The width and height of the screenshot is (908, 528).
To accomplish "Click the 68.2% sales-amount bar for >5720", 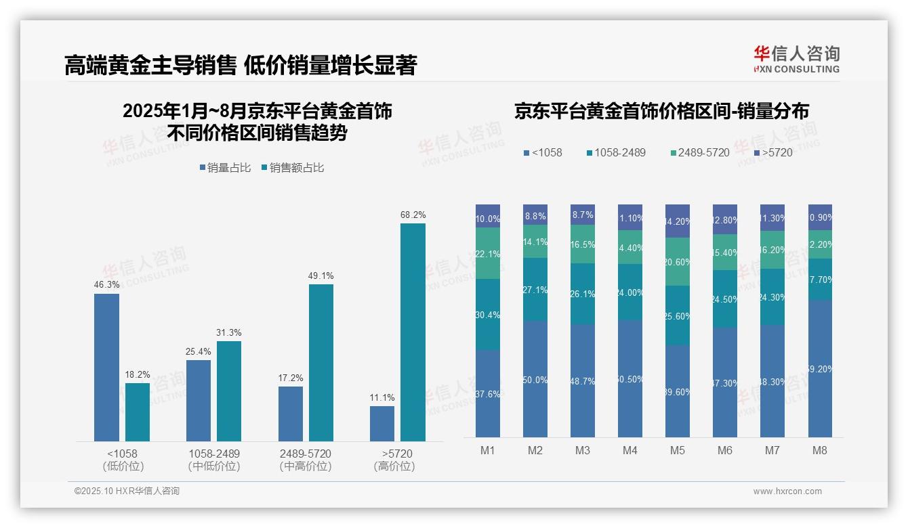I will pos(413,332).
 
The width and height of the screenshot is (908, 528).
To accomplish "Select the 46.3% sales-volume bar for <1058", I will pos(106,367).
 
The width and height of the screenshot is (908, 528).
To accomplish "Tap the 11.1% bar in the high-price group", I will pos(382,423).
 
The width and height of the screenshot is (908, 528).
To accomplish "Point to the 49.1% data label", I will pos(321,276).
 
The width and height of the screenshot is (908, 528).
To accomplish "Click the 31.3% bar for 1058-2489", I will pos(229,391).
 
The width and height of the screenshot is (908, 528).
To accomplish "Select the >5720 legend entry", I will pos(773,152).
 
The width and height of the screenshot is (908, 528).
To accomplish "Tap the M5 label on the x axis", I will pos(677,450).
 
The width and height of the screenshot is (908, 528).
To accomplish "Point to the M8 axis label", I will pos(819,450).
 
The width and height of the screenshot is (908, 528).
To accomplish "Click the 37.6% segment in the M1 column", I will pos(488,393).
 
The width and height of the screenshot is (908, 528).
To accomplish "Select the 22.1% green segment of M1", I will pos(488,253).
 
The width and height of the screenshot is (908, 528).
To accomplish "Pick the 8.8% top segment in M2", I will pos(535,215).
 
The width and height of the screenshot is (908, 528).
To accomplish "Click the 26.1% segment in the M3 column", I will pos(583,294).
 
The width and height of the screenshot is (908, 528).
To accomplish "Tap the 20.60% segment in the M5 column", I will pos(677,262).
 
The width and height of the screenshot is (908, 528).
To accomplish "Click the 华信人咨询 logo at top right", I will pos(796,59).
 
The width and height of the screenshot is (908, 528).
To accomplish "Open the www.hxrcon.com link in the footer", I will pos(787,491).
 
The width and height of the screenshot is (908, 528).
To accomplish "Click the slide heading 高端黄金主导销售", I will pos(150,66).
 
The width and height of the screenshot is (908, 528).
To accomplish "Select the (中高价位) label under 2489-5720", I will pos(306,466).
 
